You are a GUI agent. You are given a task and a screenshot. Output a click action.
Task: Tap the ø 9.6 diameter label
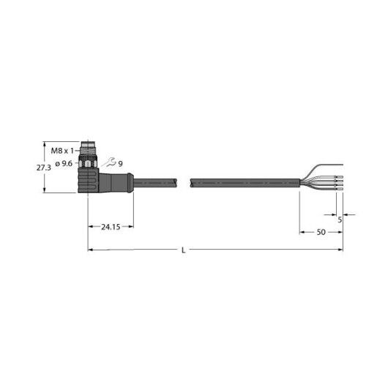(x=61, y=163)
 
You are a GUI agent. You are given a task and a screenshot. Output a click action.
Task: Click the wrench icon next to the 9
(x=111, y=163)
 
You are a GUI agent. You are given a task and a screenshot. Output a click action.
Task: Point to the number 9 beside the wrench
(x=121, y=163)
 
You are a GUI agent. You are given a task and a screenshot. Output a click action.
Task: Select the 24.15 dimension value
(x=111, y=227)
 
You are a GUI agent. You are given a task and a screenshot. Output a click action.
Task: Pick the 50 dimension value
(x=320, y=232)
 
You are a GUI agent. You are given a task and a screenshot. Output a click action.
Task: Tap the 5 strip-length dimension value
(x=340, y=217)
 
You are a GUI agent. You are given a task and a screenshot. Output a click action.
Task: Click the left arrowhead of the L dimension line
(x=91, y=250)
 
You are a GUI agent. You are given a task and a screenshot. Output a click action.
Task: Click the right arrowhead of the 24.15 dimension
(x=132, y=227)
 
